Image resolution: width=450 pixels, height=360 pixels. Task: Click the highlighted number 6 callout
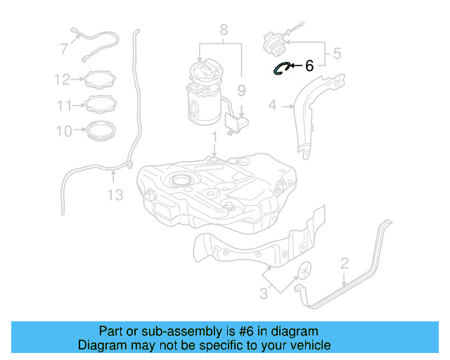[x=309, y=66]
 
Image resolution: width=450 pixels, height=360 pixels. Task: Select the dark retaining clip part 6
[x=283, y=67]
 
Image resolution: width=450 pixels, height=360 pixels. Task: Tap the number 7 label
[x=63, y=49]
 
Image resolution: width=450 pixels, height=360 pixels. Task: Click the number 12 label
[x=62, y=79]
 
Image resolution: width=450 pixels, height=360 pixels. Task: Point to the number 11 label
[x=64, y=105]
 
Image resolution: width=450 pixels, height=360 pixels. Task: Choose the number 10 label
[x=63, y=131]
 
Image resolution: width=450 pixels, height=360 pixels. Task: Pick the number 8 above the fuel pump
[x=223, y=30]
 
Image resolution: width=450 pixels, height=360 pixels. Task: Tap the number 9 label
[x=241, y=90]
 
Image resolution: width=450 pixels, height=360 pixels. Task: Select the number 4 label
[x=273, y=106]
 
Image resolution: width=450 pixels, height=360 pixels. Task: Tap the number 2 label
[x=344, y=264]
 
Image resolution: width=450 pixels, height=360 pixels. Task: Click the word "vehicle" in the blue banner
[x=309, y=345]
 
